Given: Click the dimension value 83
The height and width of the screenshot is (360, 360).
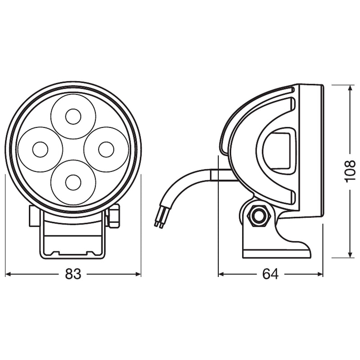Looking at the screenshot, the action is click(x=73, y=274).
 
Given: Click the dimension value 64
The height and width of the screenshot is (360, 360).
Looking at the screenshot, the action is click(x=270, y=274).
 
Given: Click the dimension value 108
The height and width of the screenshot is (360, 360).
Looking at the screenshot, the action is click(x=350, y=171).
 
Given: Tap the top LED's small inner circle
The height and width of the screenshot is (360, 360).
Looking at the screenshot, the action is click(x=73, y=117).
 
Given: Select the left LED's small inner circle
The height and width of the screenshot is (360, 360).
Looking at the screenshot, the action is click(x=40, y=149).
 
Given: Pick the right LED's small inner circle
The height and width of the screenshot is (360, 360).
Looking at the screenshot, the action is click(x=106, y=149).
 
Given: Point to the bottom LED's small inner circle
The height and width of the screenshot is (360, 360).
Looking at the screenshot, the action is click(x=73, y=183).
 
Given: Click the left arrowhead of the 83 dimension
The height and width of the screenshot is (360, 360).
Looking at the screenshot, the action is click(x=8, y=274).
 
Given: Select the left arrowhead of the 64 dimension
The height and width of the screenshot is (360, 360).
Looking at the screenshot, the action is click(x=221, y=274).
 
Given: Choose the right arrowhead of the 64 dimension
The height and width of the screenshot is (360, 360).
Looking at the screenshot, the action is click(x=320, y=274).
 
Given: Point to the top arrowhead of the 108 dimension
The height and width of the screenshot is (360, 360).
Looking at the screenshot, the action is click(x=350, y=88).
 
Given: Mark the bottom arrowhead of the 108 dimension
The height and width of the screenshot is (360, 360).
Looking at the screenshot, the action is click(x=350, y=254).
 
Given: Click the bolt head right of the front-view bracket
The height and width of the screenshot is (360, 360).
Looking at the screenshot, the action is click(x=113, y=216).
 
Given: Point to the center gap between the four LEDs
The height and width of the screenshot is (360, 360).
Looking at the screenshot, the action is click(x=73, y=149).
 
